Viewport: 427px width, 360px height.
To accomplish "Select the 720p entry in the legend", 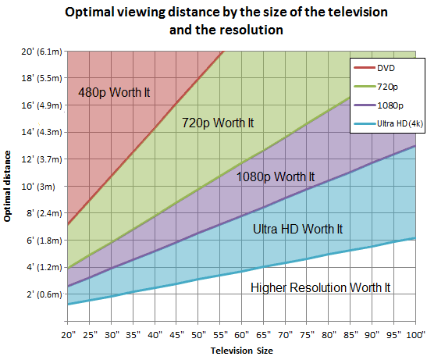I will pos(381,87).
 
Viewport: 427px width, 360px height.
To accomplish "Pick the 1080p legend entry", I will pos(383,105).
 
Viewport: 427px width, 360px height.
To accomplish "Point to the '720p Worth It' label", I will pos(218,123).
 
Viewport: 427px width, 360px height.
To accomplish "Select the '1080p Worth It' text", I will pos(276,176).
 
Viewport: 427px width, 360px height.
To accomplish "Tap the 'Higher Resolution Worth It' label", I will pos(321,287).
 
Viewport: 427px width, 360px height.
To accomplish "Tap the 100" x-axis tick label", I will pos(412,334).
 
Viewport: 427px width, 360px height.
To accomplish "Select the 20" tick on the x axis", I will pos(69,334).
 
